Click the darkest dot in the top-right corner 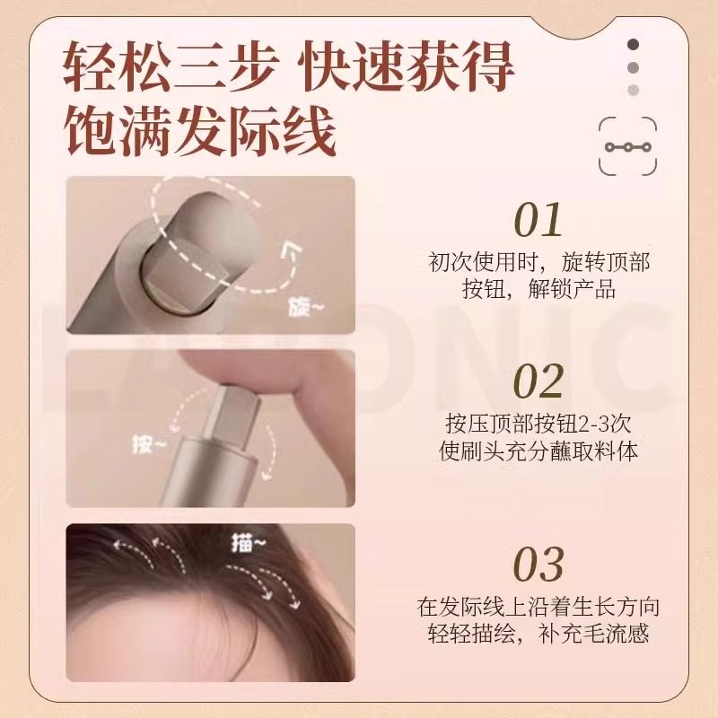tap(634, 44)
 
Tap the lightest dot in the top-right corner tap(634, 89)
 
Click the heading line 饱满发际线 tap(199, 131)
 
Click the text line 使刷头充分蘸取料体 tap(539, 451)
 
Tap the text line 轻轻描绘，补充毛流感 tap(539, 634)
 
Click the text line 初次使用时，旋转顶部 tap(539, 263)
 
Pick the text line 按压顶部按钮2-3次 tap(539, 423)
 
